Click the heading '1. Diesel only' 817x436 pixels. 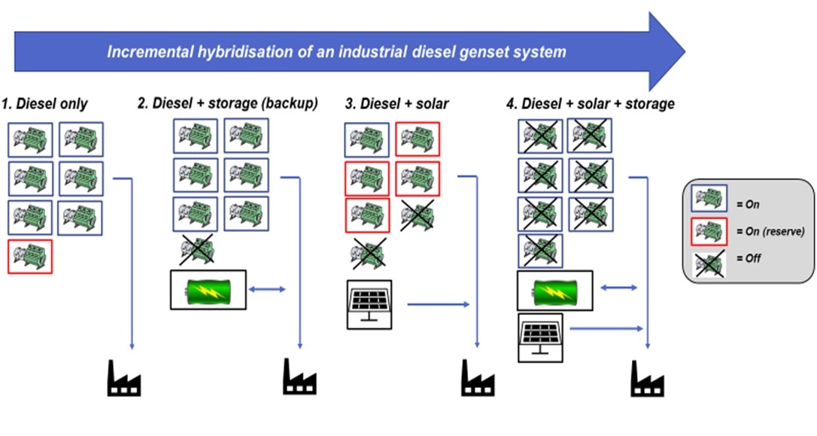coord(44,104)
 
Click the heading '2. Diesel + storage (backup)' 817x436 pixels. coord(228,104)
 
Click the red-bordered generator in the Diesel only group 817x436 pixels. coord(30,256)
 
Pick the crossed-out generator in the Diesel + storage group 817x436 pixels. coord(196,249)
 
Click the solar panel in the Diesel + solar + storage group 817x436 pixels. coord(540,336)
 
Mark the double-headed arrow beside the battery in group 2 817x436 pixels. coord(267,289)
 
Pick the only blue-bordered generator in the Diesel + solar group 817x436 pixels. coord(367,140)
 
